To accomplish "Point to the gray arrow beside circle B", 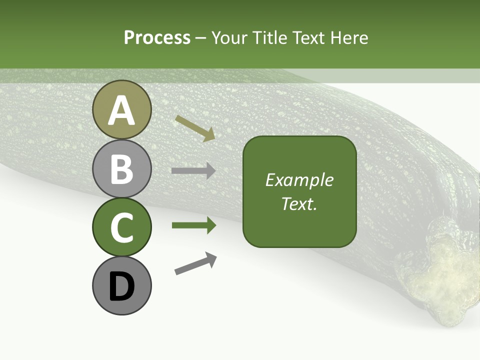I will (x=193, y=171).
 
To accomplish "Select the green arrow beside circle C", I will (x=193, y=225).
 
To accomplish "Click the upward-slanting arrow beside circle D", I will (x=195, y=264).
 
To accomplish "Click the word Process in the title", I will (x=157, y=38).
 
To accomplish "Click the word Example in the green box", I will (x=299, y=180).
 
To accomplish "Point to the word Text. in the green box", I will (x=299, y=203).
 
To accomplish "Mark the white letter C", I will (x=121, y=228).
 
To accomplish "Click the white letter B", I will (x=121, y=169).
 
